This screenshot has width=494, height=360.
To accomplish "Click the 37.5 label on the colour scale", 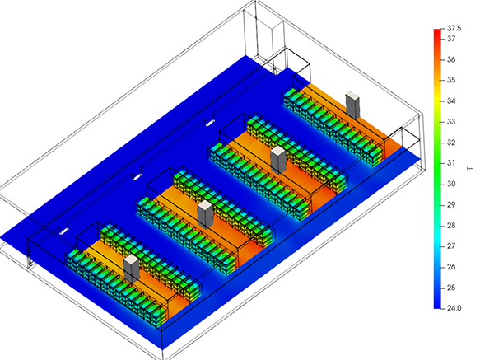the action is pos(454,28).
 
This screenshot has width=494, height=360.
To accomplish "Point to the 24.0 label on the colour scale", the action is pos(454,308).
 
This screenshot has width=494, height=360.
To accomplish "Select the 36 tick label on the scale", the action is pos(451,59).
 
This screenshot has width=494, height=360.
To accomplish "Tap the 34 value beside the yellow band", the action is pos(451,101).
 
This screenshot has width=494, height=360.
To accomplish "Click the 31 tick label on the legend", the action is pos(451,163).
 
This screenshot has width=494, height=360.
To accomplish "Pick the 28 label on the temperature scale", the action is pos(451,226).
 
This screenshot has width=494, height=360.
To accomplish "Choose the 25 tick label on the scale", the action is pos(451,288).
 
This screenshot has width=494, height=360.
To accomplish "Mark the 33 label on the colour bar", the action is pos(451,122).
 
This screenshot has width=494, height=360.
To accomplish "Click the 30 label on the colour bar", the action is pos(451,184).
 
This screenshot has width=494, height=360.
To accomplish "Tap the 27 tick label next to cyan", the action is pos(451,245).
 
